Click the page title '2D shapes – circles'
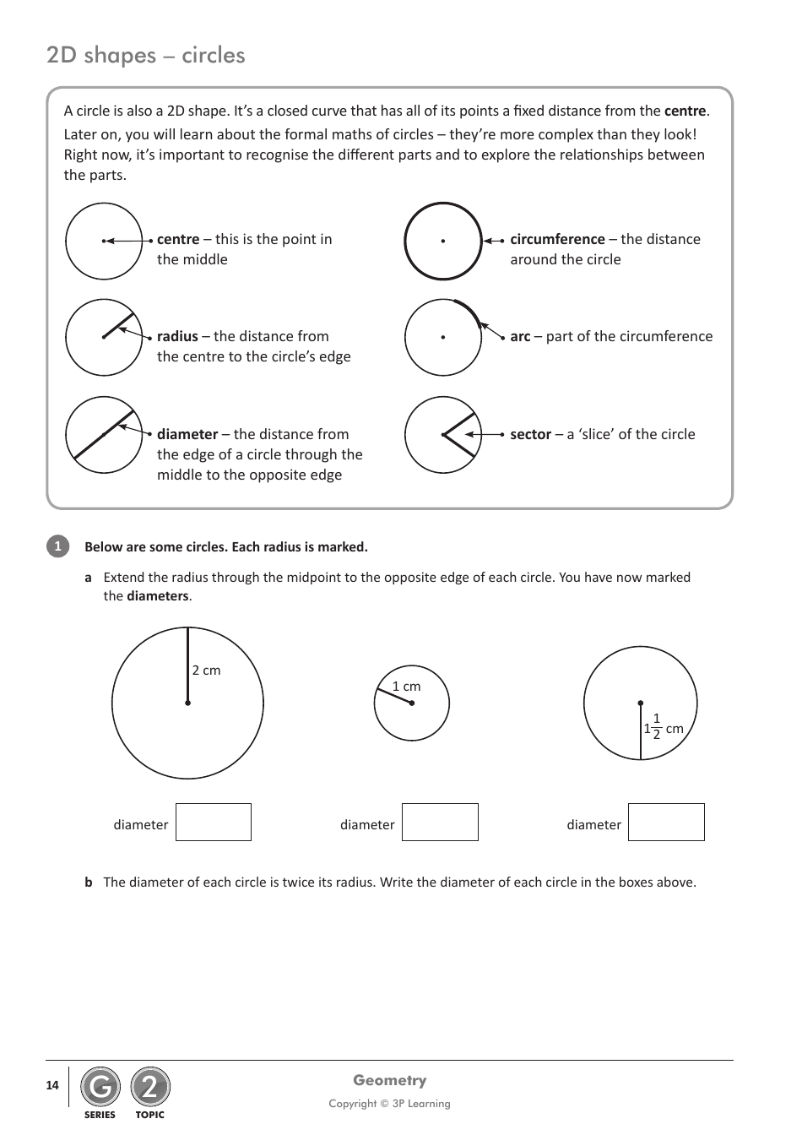click(x=146, y=56)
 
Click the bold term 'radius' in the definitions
click(x=177, y=336)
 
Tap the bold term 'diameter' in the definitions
click(x=187, y=434)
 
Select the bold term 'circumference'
click(x=557, y=239)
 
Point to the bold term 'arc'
click(x=520, y=336)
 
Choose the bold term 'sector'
click(x=530, y=434)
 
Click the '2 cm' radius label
click(x=206, y=671)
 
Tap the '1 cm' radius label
click(x=406, y=687)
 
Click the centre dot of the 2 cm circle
click(x=187, y=703)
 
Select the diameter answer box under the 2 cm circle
click(x=214, y=823)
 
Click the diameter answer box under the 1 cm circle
click(x=440, y=823)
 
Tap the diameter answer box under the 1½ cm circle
click(x=666, y=823)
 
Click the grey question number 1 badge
click(x=57, y=546)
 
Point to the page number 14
click(x=52, y=1085)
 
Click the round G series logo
click(x=100, y=1088)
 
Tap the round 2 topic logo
click(x=150, y=1088)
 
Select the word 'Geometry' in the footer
click(x=389, y=1080)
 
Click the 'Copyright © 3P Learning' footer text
click(x=389, y=1104)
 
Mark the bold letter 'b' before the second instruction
click(x=89, y=882)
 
